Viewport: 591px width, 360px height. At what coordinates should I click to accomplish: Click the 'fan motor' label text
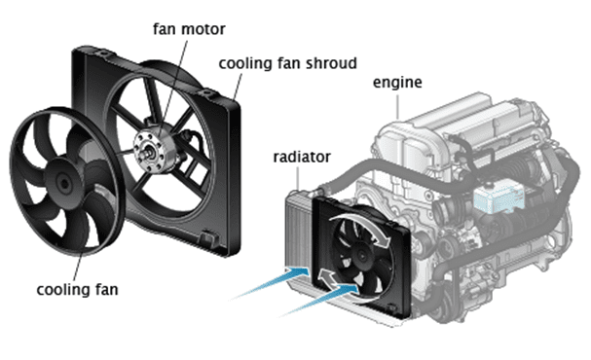pos(189,29)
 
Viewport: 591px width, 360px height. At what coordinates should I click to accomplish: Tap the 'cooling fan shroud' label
pos(287,63)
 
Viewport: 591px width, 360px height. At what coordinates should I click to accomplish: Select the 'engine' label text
pos(397,83)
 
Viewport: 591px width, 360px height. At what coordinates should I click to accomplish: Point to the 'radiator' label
pos(302,157)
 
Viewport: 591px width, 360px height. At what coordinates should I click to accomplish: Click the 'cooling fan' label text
pos(77,290)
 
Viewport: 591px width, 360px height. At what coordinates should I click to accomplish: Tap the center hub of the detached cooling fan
pos(64,184)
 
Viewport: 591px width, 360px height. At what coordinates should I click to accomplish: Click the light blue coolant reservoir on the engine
pos(499,197)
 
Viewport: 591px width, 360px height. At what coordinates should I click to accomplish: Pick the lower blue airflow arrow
pos(320,300)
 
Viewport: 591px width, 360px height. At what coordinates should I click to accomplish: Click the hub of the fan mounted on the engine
pos(362,256)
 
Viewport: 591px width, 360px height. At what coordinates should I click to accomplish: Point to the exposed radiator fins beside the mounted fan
pos(299,234)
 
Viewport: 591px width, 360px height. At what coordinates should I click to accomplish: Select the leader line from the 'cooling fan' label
pos(77,268)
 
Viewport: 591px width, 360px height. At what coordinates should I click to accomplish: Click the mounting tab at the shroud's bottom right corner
pos(209,236)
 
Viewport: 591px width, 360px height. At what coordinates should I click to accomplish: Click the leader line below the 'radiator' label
pos(299,179)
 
